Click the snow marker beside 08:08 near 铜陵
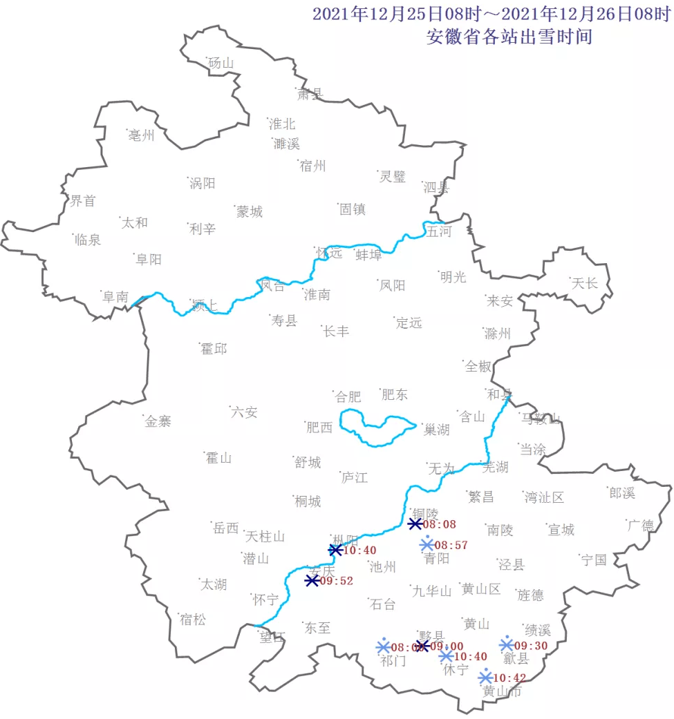[x=415, y=524]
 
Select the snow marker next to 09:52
[x=312, y=581]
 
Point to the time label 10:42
[x=510, y=678]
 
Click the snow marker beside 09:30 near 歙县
[x=506, y=644]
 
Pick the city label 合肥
[x=348, y=396]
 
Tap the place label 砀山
[x=221, y=64]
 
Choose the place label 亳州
[x=142, y=135]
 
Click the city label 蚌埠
[x=368, y=255]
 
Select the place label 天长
[x=584, y=283]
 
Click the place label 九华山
[x=431, y=591]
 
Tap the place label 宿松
[x=192, y=620]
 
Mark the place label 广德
[x=640, y=525]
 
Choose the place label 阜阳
[x=149, y=259]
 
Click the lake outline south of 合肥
[x=377, y=428]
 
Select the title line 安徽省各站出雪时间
[x=509, y=36]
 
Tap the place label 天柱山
[x=265, y=536]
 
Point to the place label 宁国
[x=594, y=559]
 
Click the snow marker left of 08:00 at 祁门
[x=383, y=646]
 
